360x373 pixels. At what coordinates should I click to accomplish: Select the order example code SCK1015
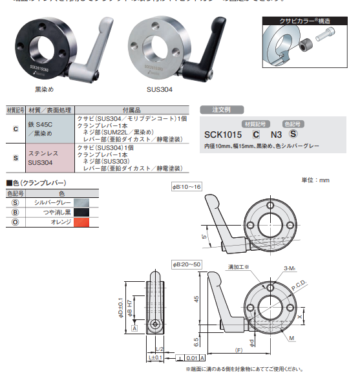[x=222, y=134]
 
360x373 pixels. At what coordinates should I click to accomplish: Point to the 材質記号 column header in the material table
[x=15, y=110]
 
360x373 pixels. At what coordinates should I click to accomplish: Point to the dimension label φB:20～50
[x=187, y=265]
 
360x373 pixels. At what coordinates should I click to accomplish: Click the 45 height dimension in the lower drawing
[x=195, y=299]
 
